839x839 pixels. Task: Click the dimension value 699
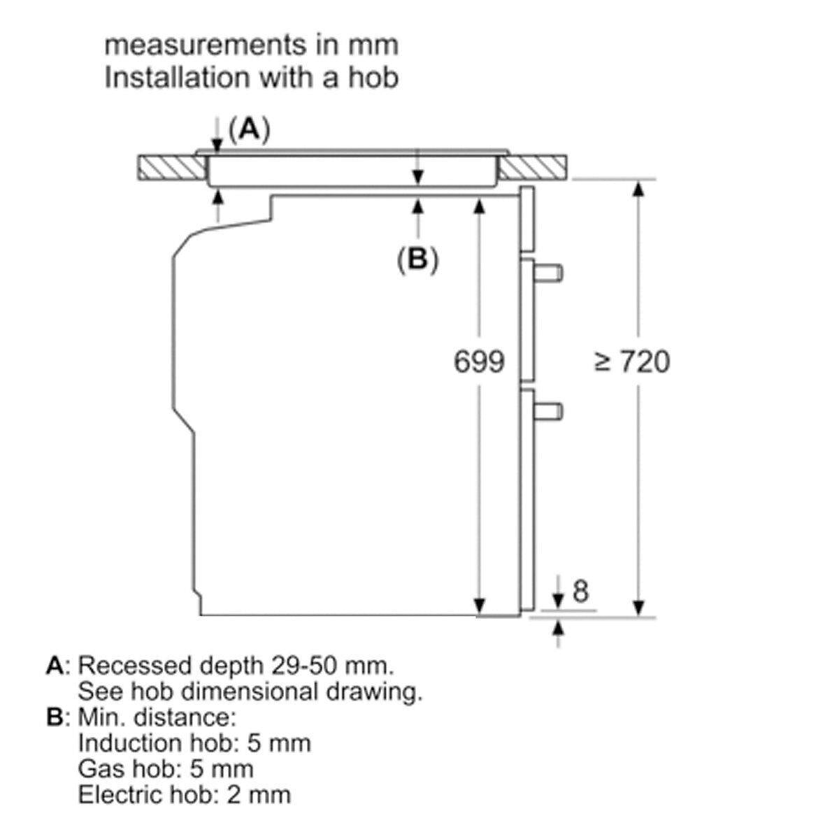pyautogui.click(x=479, y=361)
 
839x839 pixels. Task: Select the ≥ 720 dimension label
pyautogui.click(x=632, y=361)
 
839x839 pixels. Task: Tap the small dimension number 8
pyautogui.click(x=580, y=591)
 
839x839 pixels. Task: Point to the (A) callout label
pyautogui.click(x=250, y=129)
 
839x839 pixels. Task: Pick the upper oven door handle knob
pyautogui.click(x=548, y=273)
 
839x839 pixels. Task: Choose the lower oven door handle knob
pyautogui.click(x=548, y=411)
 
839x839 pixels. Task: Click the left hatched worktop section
pyautogui.click(x=172, y=167)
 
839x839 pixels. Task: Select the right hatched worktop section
pyautogui.click(x=533, y=167)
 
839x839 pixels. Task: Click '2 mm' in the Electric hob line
pyautogui.click(x=259, y=794)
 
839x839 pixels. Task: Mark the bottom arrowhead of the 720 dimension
pyautogui.click(x=638, y=609)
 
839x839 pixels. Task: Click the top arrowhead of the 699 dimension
pyautogui.click(x=479, y=206)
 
